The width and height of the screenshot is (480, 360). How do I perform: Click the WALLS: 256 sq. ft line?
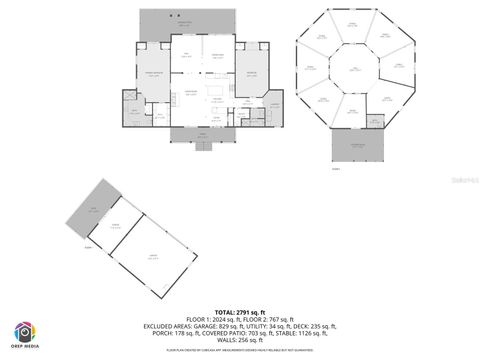pos(240,341)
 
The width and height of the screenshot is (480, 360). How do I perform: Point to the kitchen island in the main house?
pos(215,99)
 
